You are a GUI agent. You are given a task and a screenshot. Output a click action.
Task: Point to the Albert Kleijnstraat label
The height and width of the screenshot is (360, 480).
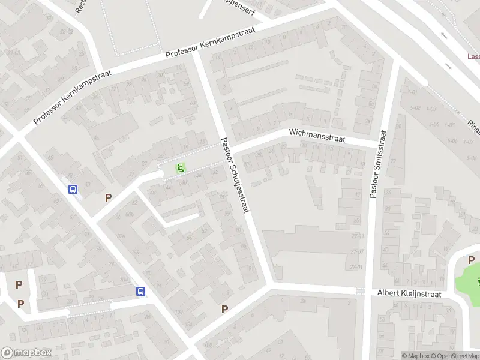pos(409,293)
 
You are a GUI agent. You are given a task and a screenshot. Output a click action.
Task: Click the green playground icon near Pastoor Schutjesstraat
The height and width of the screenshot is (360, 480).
pos(179,169)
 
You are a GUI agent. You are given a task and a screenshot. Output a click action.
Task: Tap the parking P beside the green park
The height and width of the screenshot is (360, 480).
pos(471,260)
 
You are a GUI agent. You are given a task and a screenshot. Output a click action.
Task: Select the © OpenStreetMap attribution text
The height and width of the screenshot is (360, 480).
pos(456,356)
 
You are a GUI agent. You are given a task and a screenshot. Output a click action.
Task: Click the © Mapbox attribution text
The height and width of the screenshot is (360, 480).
pos(416,356)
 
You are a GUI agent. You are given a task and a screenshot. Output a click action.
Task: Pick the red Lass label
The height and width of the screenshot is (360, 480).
pos(473,57)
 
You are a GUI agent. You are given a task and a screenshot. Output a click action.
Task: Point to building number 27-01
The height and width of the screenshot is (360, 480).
pos(358,266)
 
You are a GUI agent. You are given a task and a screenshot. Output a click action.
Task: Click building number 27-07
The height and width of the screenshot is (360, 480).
pos(358,251)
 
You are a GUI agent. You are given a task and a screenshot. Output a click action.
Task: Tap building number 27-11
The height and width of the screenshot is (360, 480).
pos(358,236)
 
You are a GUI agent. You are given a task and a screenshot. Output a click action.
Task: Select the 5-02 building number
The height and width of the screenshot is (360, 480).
pos(414,108)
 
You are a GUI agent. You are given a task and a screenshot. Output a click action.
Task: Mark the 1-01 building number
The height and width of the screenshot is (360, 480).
pos(412,92)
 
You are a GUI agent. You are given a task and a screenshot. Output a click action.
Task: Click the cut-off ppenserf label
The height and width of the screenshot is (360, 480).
pos(233,10)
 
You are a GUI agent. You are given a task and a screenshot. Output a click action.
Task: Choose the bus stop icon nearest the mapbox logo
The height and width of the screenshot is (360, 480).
pos(140,291)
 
